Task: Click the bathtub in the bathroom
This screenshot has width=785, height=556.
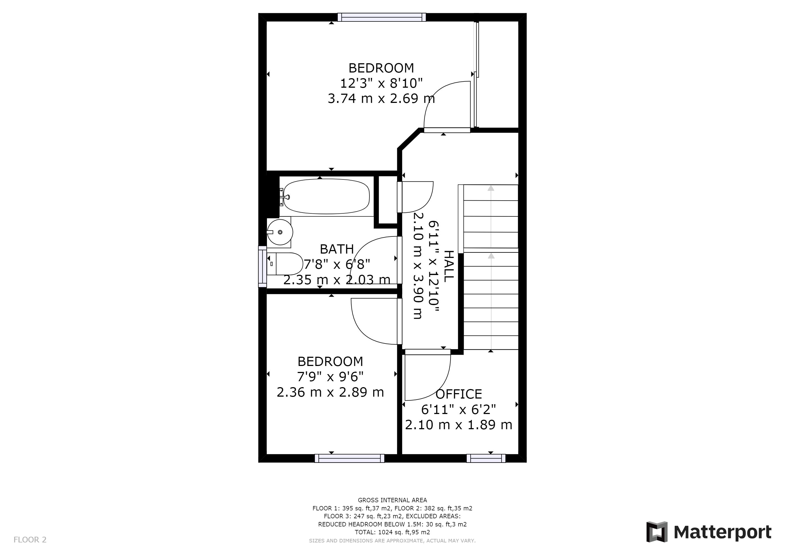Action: pos(327,197)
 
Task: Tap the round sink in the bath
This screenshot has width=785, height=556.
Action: pos(280,232)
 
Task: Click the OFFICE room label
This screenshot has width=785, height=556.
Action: pos(458,394)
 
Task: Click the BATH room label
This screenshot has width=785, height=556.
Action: pos(337,249)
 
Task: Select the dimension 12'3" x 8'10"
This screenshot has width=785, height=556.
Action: pos(381,83)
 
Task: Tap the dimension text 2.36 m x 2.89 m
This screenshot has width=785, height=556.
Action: pos(330,392)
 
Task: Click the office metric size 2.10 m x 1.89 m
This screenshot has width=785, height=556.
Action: pos(458,425)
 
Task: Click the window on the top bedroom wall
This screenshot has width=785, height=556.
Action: pos(382,17)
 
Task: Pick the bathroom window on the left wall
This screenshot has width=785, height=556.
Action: pos(262,267)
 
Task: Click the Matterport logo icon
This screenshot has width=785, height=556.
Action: pos(657,532)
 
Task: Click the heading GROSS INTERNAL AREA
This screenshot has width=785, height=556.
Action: pos(392,500)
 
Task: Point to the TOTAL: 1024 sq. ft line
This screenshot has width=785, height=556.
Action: pos(392,532)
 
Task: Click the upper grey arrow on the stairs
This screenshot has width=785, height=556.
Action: pos(491,188)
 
